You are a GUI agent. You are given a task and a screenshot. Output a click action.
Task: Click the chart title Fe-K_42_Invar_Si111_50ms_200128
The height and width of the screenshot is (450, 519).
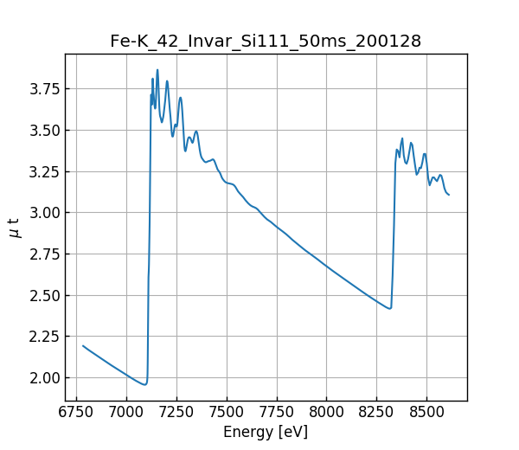pos(266,41)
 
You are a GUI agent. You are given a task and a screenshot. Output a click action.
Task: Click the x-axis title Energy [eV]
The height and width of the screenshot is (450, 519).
pos(266,432)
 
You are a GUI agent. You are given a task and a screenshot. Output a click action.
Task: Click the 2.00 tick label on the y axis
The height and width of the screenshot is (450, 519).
pos(43,377)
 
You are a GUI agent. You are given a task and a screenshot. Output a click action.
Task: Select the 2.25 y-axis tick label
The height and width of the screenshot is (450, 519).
pos(43,337)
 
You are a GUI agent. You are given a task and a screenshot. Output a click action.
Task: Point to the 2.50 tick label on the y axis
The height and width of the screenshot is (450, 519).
pos(43,295)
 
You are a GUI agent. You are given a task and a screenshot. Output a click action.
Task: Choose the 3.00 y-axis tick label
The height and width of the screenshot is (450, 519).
pos(43,213)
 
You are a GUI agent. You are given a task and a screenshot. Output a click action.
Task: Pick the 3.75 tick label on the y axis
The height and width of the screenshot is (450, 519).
pos(43,89)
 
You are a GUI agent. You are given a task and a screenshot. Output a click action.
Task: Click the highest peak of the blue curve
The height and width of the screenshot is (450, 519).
pos(157,70)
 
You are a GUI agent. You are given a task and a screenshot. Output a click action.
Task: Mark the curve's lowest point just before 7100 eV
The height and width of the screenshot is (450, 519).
pos(144,384)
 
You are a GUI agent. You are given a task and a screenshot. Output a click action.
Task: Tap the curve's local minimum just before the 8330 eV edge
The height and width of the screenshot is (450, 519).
pos(390,308)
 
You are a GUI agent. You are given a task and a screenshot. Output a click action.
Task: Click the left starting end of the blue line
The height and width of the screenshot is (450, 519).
pos(83,345)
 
